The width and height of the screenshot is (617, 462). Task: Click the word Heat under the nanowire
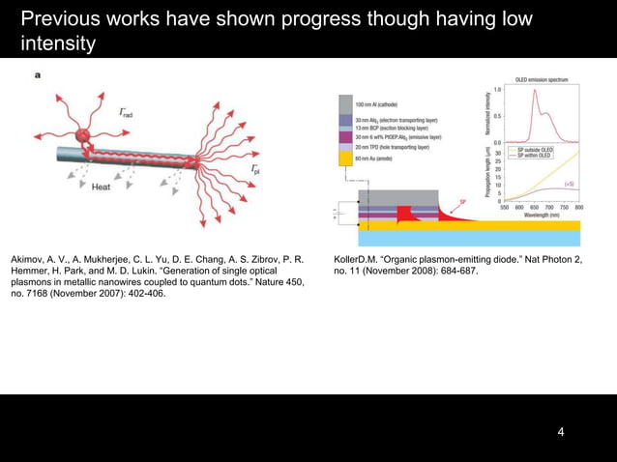tap(101, 188)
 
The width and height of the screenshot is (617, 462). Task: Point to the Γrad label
tap(127, 113)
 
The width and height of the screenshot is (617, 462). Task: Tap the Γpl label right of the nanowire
tap(254, 170)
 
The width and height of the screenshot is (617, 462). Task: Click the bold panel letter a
tap(38, 75)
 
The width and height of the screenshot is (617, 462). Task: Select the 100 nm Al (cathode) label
tap(382, 103)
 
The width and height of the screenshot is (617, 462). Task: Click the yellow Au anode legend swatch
tap(345, 158)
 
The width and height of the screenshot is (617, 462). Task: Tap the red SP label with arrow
tap(462, 200)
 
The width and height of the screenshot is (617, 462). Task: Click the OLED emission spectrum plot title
tap(542, 79)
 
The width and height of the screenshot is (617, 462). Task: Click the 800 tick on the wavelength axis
tap(578, 208)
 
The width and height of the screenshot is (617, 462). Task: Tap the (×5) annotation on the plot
tap(570, 184)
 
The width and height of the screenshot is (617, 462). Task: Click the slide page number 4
tap(561, 431)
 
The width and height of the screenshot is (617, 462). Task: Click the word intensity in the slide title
tap(57, 43)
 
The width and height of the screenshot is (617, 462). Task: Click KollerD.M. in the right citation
tap(358, 260)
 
